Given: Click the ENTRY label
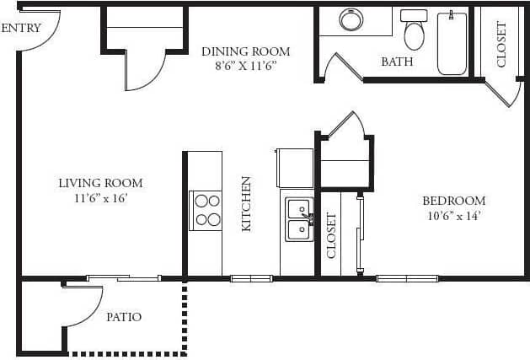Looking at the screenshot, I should [x=21, y=28].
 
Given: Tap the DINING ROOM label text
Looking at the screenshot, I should [x=245, y=51].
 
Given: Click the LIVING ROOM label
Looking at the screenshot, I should [x=100, y=183].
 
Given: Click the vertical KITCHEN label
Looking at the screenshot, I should [x=247, y=203].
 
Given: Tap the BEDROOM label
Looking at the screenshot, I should [x=453, y=201].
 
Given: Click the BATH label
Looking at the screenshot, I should [x=396, y=62].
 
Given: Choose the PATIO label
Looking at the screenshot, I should [x=124, y=317].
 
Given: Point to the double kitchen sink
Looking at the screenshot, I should [x=298, y=218].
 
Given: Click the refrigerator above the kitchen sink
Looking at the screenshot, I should [x=295, y=168].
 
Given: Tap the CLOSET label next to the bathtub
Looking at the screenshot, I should [x=502, y=44].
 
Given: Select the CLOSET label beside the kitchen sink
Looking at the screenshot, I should [x=331, y=234].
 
